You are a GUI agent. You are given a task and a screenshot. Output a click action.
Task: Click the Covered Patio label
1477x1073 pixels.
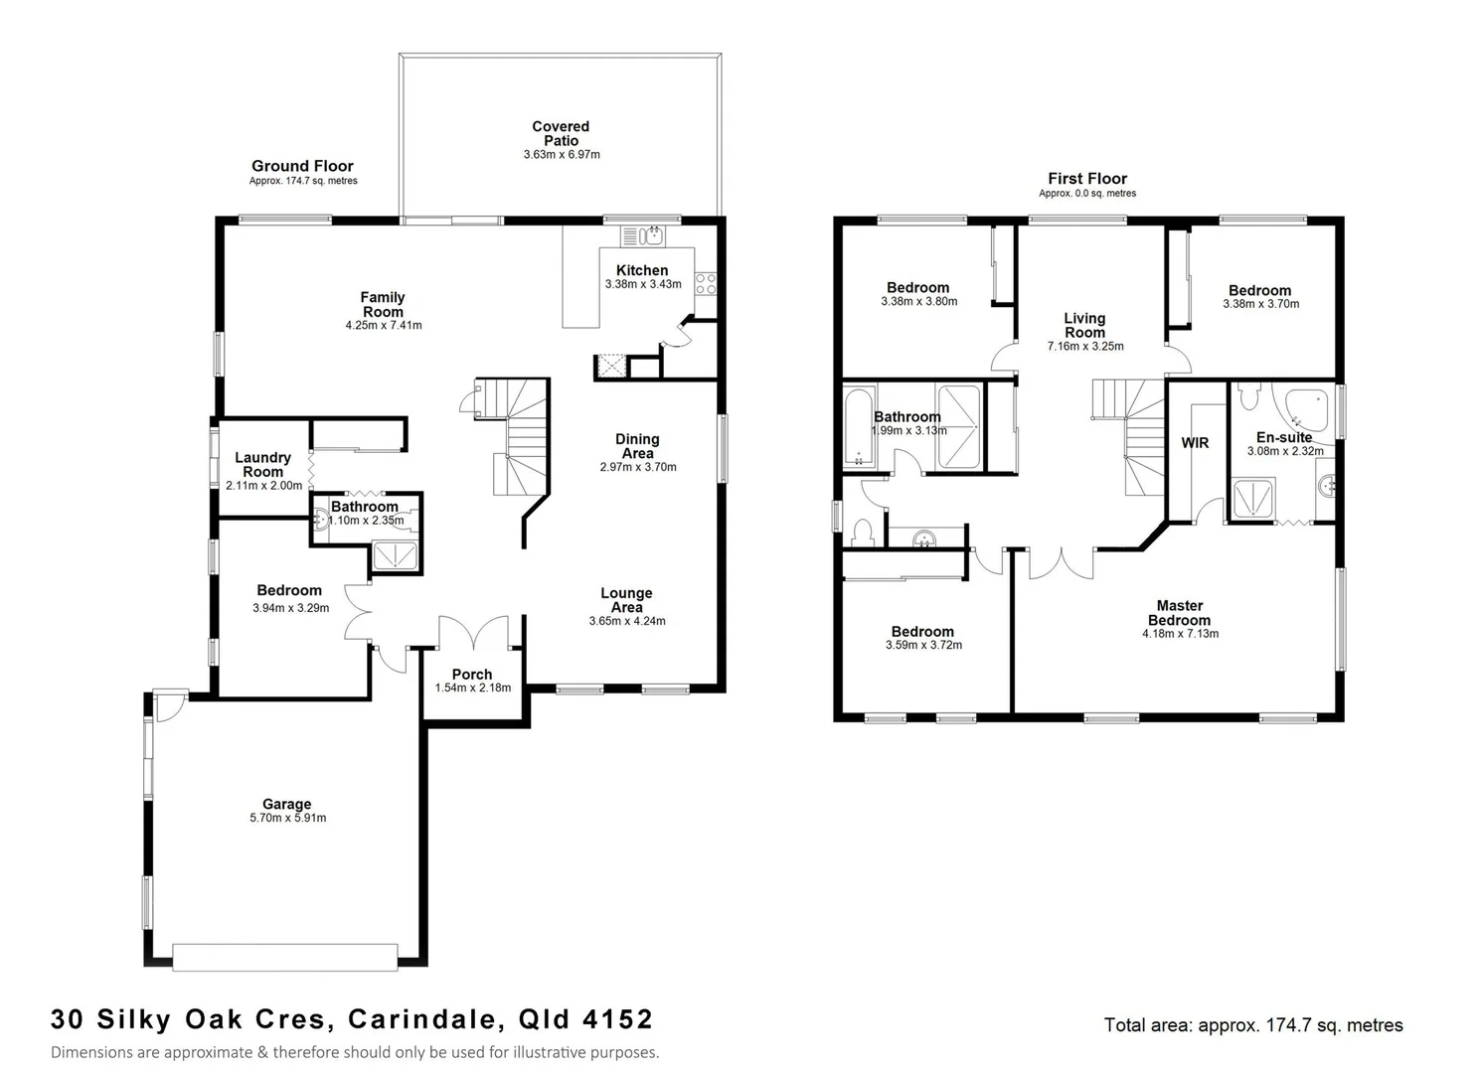pyautogui.click(x=561, y=133)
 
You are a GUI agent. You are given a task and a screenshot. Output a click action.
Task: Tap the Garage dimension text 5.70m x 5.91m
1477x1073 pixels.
pyautogui.click(x=288, y=819)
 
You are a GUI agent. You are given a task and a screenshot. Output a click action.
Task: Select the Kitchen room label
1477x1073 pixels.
pyautogui.click(x=642, y=270)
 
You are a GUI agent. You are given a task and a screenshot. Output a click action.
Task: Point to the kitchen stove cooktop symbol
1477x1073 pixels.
pyautogui.click(x=705, y=283)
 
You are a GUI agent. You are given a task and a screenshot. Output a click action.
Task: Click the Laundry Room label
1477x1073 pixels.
pyautogui.click(x=263, y=464)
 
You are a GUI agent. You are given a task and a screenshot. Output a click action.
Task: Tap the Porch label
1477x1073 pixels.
pyautogui.click(x=472, y=674)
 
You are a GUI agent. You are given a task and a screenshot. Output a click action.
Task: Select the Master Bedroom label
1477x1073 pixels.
pyautogui.click(x=1180, y=612)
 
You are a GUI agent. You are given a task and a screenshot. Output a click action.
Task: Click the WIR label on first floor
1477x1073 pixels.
pyautogui.click(x=1195, y=442)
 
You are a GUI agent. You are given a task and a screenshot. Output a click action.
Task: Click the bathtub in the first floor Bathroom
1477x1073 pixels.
pyautogui.click(x=857, y=428)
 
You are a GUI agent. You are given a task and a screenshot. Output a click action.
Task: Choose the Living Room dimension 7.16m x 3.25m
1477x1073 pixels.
pyautogui.click(x=1085, y=347)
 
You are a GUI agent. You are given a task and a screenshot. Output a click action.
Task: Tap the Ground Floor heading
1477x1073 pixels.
pyautogui.click(x=302, y=166)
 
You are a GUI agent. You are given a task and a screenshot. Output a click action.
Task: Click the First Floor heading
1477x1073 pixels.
pyautogui.click(x=1087, y=179)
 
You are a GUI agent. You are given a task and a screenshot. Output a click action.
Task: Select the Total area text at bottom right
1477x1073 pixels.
pyautogui.click(x=1253, y=1025)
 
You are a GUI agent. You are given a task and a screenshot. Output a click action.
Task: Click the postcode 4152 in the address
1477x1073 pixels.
pyautogui.click(x=622, y=1019)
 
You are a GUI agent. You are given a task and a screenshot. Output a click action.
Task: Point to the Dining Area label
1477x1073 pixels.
pyautogui.click(x=637, y=446)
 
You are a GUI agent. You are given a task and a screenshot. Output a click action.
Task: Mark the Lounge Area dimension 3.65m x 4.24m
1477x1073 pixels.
pyautogui.click(x=627, y=621)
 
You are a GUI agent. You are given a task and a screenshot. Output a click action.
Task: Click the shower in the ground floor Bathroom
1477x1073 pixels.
pyautogui.click(x=397, y=556)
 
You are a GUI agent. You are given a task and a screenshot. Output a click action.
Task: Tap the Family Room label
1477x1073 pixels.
pyautogui.click(x=383, y=304)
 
